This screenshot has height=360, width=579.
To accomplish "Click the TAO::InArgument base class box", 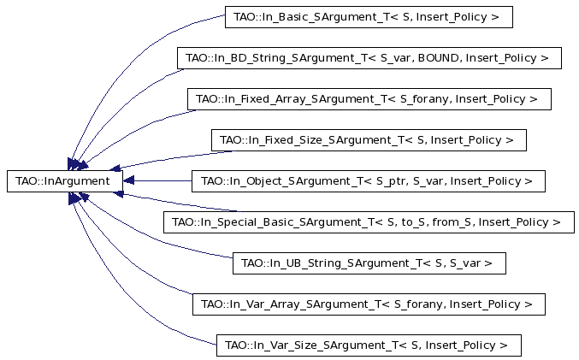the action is coord(65,181).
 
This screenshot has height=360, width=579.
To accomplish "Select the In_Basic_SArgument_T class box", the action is coord(369,17).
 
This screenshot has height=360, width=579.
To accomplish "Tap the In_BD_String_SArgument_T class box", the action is coord(369,58).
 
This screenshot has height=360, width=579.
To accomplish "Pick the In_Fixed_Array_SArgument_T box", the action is coord(369,99).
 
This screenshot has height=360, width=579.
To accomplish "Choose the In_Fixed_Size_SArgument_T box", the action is coord(369,140).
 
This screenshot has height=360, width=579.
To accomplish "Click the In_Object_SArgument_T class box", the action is coord(369,181).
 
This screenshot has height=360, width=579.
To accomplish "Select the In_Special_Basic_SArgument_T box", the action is coord(369,222).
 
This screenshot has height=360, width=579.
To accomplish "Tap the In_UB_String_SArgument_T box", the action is coord(369,263).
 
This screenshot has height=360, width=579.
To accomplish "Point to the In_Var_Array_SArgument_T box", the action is coord(369,304).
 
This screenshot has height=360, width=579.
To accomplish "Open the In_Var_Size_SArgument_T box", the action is coord(369,345).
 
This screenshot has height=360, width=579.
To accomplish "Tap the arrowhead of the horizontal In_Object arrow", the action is coord(128,181).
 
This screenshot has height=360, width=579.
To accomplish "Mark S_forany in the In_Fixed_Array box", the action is coord(426,99).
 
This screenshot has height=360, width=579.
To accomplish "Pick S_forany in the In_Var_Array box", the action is coord(420,304).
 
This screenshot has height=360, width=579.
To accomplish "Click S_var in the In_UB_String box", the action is coord(465,263).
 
